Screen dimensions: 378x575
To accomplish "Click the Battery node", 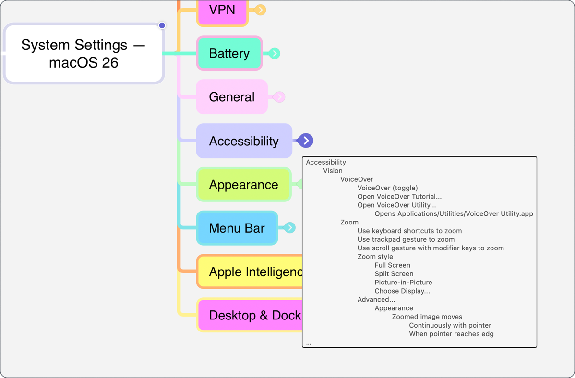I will click(x=229, y=53).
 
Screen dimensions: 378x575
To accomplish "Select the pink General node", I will click(x=231, y=97).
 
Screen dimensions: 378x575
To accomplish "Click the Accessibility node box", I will click(x=244, y=141).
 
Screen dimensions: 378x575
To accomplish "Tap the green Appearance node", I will click(x=243, y=185).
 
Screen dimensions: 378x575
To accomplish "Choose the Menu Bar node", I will click(x=237, y=228).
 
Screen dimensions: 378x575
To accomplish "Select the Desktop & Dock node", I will click(x=250, y=315).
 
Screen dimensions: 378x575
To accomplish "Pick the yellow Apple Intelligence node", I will click(x=250, y=272).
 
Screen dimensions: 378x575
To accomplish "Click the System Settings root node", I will click(x=84, y=54).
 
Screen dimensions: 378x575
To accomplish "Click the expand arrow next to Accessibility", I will click(x=305, y=141).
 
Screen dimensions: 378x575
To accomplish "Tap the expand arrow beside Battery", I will click(x=274, y=53).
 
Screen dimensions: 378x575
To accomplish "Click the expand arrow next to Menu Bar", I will click(x=289, y=228).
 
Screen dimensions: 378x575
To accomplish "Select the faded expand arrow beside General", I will click(x=279, y=97).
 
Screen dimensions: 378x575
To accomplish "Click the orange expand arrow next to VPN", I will click(x=260, y=10).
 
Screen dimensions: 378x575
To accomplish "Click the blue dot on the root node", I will click(x=162, y=25).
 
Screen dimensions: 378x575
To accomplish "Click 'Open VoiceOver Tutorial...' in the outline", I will click(x=399, y=197).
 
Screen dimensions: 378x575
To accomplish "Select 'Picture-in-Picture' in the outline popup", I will click(x=403, y=283).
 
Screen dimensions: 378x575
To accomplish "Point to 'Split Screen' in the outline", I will click(x=394, y=274).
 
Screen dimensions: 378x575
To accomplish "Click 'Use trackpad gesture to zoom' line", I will click(x=406, y=239).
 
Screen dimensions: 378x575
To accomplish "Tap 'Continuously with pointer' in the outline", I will click(x=450, y=325).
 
